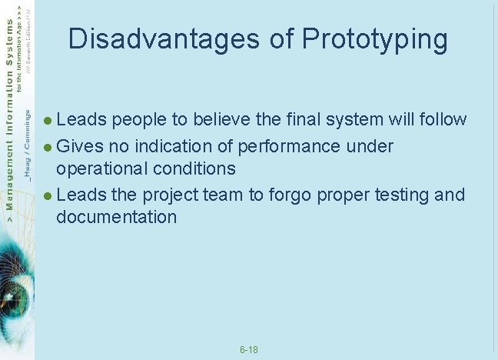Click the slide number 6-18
(249, 350)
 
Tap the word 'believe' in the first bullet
(222, 120)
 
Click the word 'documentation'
(116, 217)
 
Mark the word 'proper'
(339, 195)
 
